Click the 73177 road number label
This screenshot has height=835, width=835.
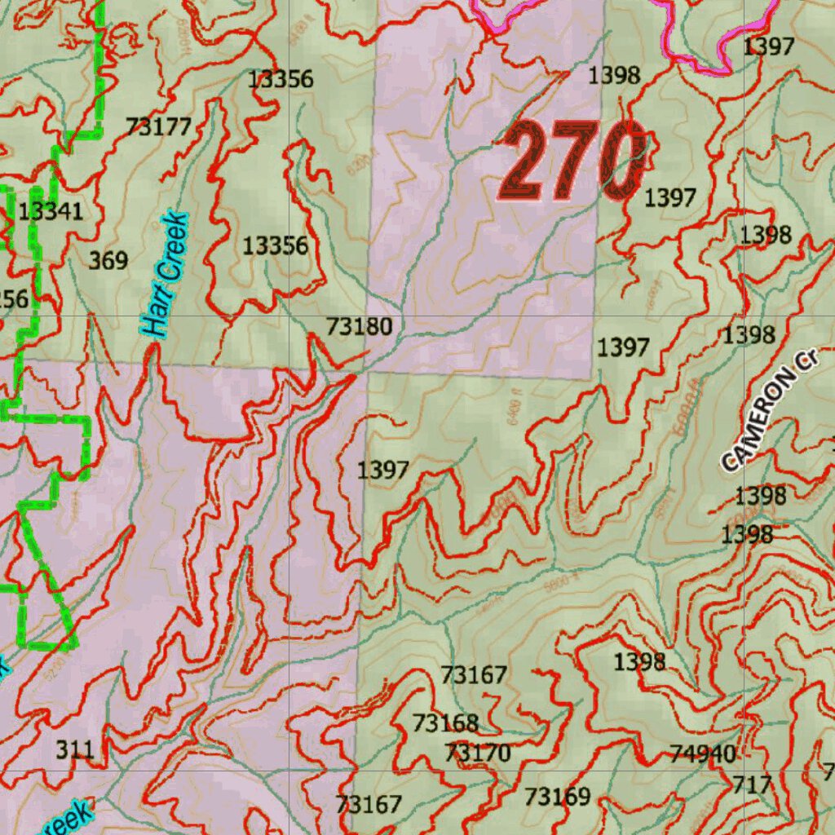158,126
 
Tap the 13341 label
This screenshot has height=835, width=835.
51,212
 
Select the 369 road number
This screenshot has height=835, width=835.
108,261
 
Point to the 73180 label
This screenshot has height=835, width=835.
360,327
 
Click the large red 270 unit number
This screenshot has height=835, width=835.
574,160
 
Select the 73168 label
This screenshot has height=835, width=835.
445,723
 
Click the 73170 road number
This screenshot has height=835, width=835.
478,753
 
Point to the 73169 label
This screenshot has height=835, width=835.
558,796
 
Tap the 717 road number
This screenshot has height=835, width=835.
752,784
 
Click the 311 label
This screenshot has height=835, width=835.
75,749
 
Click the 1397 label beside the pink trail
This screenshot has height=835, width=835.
768,46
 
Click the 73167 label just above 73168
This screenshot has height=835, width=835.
474,675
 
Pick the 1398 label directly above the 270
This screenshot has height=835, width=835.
614,76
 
